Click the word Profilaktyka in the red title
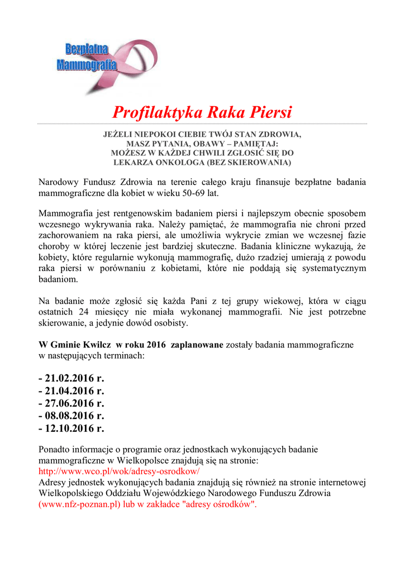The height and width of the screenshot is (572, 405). click(158, 112)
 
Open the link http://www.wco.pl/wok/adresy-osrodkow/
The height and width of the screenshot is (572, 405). click(119, 471)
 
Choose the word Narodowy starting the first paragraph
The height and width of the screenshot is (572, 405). click(59, 182)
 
